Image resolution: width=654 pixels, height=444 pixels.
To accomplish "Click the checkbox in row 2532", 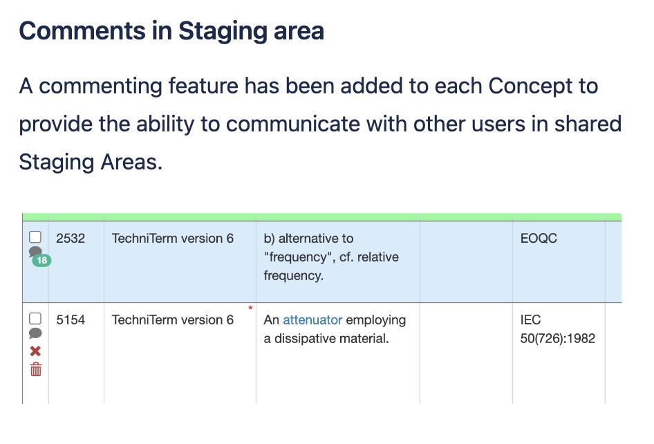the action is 35,237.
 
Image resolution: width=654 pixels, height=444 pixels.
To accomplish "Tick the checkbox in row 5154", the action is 35,318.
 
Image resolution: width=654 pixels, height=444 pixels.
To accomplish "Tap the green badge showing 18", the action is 41,261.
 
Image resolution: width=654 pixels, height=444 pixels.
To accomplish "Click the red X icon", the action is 35,351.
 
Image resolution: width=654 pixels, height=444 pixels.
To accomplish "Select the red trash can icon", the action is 36,369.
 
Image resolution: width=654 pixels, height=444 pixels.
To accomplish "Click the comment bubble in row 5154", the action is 35,333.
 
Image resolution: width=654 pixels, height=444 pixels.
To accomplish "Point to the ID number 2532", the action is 71,239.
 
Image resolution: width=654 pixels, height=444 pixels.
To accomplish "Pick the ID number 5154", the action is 71,320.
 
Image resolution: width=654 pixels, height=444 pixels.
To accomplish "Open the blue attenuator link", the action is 312,320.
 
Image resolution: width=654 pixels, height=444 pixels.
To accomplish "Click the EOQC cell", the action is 539,239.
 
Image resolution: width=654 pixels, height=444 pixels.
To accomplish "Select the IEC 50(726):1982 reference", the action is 558,329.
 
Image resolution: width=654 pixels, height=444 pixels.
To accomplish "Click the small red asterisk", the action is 250,308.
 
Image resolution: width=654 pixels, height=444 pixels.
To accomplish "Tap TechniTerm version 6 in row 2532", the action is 173,239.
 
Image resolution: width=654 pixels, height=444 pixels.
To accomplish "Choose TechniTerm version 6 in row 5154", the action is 173,320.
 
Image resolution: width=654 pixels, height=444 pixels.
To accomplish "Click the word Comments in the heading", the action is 82,31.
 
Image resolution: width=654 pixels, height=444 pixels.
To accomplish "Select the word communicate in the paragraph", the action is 293,124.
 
